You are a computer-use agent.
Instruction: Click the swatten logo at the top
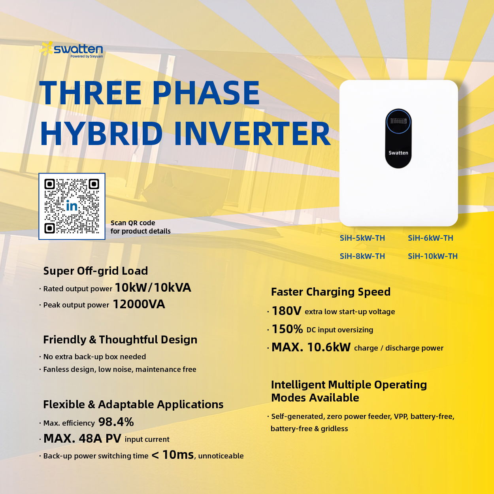click(71, 49)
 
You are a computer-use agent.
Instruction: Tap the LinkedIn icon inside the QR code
click(72, 206)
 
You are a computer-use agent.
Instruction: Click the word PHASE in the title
click(207, 93)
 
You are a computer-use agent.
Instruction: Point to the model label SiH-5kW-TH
click(362, 238)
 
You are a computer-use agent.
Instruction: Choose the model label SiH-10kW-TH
click(433, 256)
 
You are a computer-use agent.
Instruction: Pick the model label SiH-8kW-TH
click(362, 256)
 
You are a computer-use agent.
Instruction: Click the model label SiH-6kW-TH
click(430, 238)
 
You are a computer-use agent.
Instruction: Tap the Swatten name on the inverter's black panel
click(398, 153)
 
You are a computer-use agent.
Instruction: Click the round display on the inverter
click(398, 121)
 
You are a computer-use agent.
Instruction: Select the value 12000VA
click(139, 304)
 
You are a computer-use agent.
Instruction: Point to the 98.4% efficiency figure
click(116, 422)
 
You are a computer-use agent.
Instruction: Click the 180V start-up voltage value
click(287, 311)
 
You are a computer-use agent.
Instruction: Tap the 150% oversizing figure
click(287, 329)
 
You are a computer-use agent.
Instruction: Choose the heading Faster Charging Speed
click(331, 292)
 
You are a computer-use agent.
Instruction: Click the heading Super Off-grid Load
click(96, 271)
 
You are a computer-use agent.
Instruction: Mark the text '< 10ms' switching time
click(173, 455)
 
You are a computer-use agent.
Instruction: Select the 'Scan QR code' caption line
click(133, 223)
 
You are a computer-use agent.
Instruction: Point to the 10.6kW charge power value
click(329, 347)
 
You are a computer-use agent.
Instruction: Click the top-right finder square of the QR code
click(94, 184)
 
